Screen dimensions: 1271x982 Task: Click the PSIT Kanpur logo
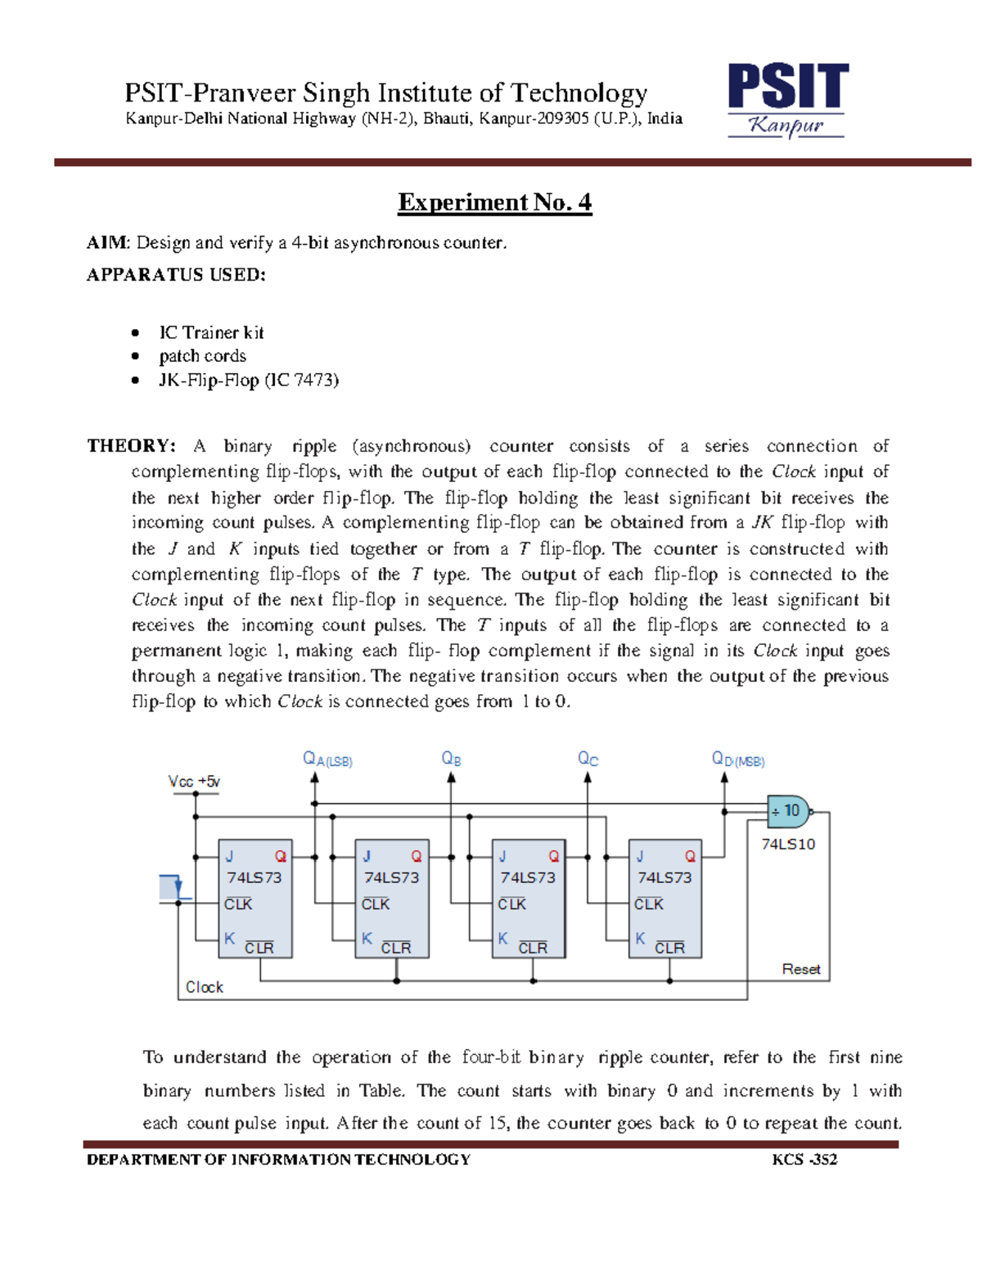786,100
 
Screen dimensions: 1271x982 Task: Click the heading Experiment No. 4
494,202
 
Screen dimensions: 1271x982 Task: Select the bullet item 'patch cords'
202,356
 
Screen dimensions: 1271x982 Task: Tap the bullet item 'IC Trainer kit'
211,332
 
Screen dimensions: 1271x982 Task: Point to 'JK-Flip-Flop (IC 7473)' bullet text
249,380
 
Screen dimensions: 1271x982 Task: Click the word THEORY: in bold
131,446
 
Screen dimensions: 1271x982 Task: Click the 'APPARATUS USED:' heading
176,275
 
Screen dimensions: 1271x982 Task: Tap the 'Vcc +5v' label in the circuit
194,782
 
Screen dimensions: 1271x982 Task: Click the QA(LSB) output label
327,759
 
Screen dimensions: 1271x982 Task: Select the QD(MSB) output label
737,759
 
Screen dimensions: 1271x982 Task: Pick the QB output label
451,759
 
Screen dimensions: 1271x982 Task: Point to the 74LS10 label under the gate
788,844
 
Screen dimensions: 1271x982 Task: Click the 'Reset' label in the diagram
800,969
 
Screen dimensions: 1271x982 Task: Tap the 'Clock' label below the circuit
204,987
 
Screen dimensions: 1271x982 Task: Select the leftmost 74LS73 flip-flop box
255,899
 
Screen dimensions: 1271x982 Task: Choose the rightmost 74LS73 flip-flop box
664,899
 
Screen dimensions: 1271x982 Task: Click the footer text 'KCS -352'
804,1160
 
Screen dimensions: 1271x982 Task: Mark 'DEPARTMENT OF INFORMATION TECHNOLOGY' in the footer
278,1160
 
